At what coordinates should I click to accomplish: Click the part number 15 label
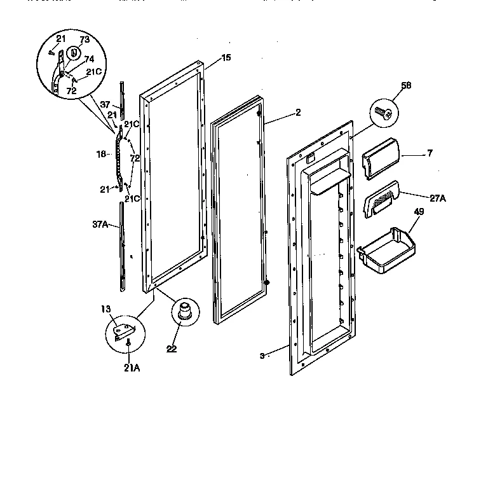(x=226, y=58)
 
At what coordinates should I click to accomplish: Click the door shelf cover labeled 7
(x=379, y=156)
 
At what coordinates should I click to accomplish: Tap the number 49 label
(x=419, y=212)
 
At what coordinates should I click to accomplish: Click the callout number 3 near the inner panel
(x=262, y=356)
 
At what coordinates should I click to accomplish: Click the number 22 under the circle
(x=172, y=349)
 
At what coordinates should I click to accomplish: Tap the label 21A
(x=133, y=368)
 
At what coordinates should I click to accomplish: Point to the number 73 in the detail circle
(x=84, y=39)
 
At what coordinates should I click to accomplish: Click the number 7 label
(x=430, y=154)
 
